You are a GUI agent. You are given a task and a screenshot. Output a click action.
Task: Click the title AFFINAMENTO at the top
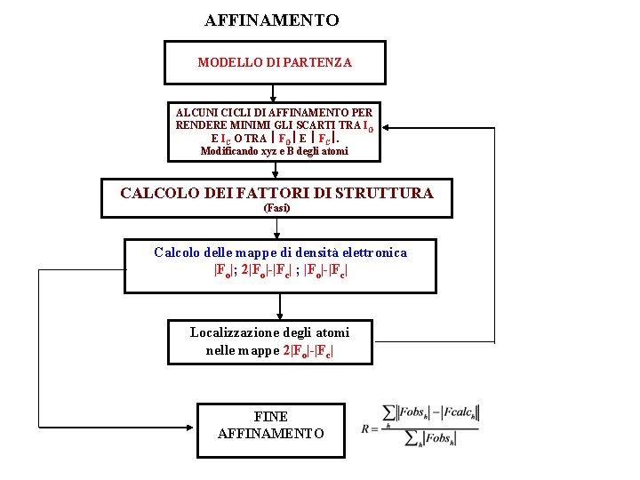tap(271, 20)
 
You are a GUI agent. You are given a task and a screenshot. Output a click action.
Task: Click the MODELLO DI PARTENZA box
tap(274, 62)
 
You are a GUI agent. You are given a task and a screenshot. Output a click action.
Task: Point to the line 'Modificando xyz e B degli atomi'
tap(274, 151)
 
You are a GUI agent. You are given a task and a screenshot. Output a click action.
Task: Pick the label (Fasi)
tap(276, 208)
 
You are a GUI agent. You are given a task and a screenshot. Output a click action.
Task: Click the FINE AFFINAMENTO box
tap(270, 430)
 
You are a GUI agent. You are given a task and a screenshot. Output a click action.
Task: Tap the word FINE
tap(270, 416)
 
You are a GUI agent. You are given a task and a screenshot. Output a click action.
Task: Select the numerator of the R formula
tap(430, 412)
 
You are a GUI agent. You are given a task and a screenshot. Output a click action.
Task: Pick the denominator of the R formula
tap(430, 438)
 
